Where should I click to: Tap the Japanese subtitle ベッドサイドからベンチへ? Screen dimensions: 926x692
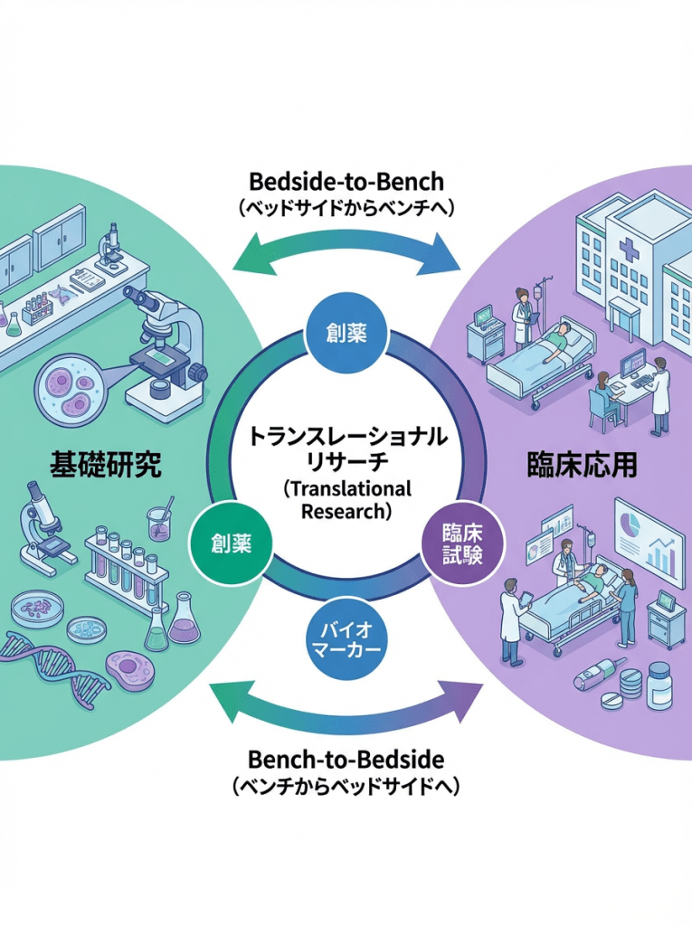coord(346,207)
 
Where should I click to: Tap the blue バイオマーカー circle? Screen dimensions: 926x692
coord(347,638)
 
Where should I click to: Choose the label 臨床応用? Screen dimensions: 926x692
coord(583,465)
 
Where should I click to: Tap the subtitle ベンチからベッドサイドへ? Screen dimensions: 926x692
coord(346,787)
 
